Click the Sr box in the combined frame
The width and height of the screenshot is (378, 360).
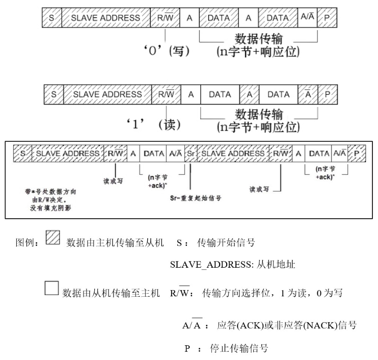click(190, 153)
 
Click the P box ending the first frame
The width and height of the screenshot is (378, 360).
click(327, 18)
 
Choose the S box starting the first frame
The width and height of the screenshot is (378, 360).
click(51, 18)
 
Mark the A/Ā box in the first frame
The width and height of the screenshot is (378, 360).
click(307, 18)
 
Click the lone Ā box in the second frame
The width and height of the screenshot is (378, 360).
click(307, 94)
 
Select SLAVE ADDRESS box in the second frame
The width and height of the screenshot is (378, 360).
click(107, 94)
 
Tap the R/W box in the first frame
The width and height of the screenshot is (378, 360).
click(166, 18)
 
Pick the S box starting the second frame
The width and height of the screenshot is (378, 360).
click(53, 94)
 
